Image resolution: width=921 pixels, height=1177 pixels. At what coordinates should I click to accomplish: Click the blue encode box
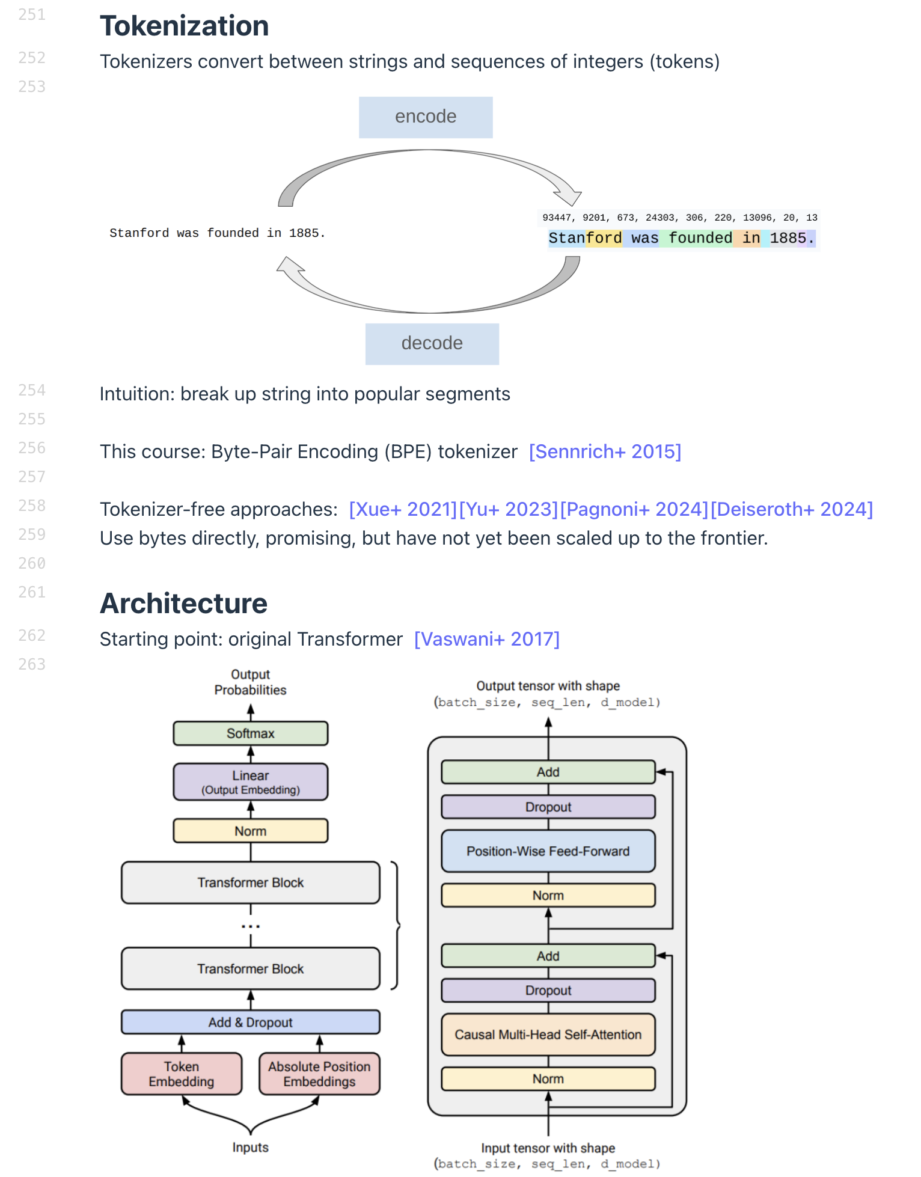tap(426, 117)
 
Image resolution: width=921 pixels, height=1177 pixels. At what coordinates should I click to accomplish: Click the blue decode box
tap(432, 344)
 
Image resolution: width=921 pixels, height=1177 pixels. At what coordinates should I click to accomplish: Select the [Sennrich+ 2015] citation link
tap(605, 451)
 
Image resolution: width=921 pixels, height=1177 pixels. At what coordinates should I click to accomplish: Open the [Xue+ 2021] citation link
tap(403, 509)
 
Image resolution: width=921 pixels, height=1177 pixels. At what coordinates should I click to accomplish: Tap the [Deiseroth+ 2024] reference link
tap(791, 509)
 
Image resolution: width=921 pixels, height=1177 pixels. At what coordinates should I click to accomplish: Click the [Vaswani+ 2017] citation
tap(487, 639)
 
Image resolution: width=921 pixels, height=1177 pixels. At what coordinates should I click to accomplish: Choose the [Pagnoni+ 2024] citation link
tap(634, 509)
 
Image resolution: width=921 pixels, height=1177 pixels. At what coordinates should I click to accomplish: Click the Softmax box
tap(251, 733)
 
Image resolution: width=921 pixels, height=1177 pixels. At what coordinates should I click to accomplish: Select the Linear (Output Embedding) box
tap(251, 781)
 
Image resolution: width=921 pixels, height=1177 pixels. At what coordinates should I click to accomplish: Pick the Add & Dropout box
tap(251, 1022)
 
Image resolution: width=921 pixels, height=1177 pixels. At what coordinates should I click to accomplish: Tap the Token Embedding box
tap(182, 1074)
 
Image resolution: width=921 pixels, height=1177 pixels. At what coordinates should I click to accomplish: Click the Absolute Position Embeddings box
tap(319, 1074)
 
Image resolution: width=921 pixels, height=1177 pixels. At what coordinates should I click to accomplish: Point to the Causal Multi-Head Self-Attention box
tap(548, 1035)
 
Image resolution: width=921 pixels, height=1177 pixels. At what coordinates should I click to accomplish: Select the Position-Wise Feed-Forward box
tap(548, 851)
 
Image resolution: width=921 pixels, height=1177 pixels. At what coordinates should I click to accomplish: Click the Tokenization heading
tap(184, 26)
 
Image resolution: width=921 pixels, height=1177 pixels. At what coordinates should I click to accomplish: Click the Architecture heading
tap(183, 604)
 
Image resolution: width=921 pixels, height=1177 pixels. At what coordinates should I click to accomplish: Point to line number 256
tap(32, 448)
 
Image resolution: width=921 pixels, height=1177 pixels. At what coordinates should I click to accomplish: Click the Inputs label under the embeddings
tap(250, 1147)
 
